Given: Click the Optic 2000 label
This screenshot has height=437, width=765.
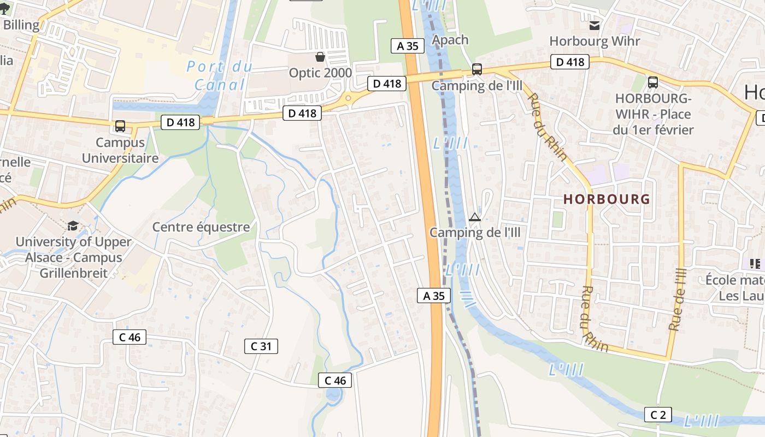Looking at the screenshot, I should [320, 73].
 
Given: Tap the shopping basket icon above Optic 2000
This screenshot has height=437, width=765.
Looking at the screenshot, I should [320, 57].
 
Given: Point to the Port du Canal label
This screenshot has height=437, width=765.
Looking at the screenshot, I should [220, 75].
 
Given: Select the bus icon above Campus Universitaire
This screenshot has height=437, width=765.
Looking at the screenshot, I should [120, 126].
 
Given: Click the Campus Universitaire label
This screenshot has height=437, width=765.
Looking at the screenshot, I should [120, 150].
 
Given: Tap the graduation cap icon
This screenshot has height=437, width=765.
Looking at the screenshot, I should [73, 226].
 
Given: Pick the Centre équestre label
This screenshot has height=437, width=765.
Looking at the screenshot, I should [201, 227].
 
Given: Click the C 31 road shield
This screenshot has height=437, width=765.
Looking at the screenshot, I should [261, 346].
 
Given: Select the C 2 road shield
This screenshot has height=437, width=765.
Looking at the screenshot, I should [658, 415].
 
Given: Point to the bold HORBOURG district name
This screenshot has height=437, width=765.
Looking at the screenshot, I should [607, 199].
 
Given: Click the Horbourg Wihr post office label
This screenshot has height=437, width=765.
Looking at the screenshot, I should [595, 41].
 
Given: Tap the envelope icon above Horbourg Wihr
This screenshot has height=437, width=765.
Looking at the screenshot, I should [595, 25].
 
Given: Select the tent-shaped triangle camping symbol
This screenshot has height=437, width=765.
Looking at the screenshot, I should [474, 217].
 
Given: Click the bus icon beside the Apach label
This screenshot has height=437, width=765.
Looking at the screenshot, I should [477, 69].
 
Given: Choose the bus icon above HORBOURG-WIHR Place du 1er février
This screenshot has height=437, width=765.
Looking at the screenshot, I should [652, 82].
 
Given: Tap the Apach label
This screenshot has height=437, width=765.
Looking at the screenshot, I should [450, 39].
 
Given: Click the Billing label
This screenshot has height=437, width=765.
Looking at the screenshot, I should [21, 25].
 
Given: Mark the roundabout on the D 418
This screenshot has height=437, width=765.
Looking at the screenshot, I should [348, 99].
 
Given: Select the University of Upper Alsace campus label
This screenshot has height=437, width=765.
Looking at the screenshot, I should [73, 257].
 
